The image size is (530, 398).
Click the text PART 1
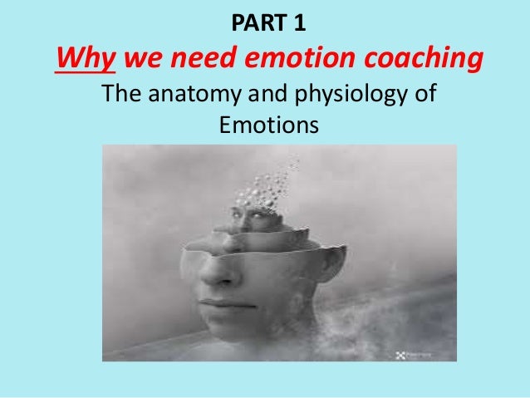tap(265, 21)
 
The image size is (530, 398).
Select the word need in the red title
tap(197, 59)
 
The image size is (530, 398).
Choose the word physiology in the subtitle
tap(339, 98)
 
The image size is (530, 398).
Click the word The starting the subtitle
tap(122, 98)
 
